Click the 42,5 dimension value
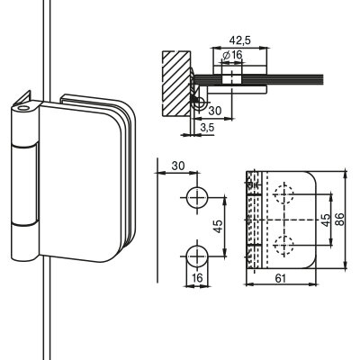[x=239, y=40]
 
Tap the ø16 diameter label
[x=233, y=55]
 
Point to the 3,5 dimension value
[x=207, y=128]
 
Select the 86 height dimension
[x=339, y=219]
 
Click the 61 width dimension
[x=280, y=278]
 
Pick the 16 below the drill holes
[x=197, y=278]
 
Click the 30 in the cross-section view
[x=215, y=111]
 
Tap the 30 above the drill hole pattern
[x=178, y=166]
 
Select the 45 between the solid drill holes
[x=218, y=227]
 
